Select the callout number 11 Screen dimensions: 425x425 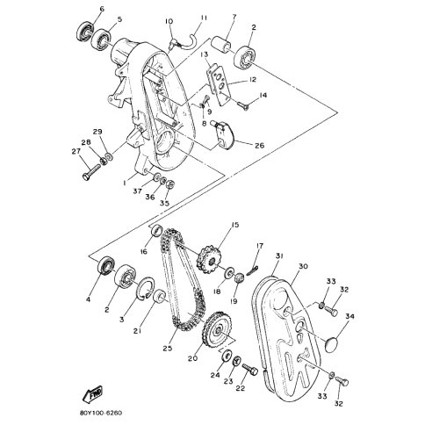click(x=203, y=18)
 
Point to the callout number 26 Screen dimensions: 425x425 click(x=260, y=145)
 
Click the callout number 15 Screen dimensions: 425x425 click(x=234, y=225)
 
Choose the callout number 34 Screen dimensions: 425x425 click(x=349, y=317)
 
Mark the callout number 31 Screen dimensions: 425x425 click(x=278, y=256)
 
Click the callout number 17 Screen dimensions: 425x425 click(x=260, y=246)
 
